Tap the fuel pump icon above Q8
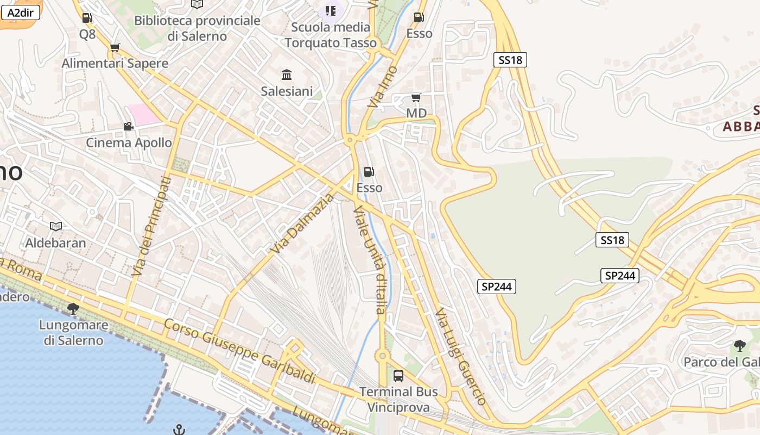(x=87, y=18)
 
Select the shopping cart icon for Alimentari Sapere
(x=115, y=48)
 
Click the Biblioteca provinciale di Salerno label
(x=197, y=28)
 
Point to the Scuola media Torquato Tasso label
(x=331, y=35)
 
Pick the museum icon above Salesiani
(x=287, y=74)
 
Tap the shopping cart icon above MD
(x=416, y=98)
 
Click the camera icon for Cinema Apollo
(x=129, y=127)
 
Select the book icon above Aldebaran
(x=56, y=226)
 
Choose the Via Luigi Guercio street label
(x=460, y=357)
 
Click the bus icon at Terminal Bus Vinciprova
(x=398, y=375)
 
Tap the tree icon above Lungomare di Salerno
(x=73, y=309)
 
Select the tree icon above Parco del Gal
(x=739, y=345)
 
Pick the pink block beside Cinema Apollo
(x=144, y=114)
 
